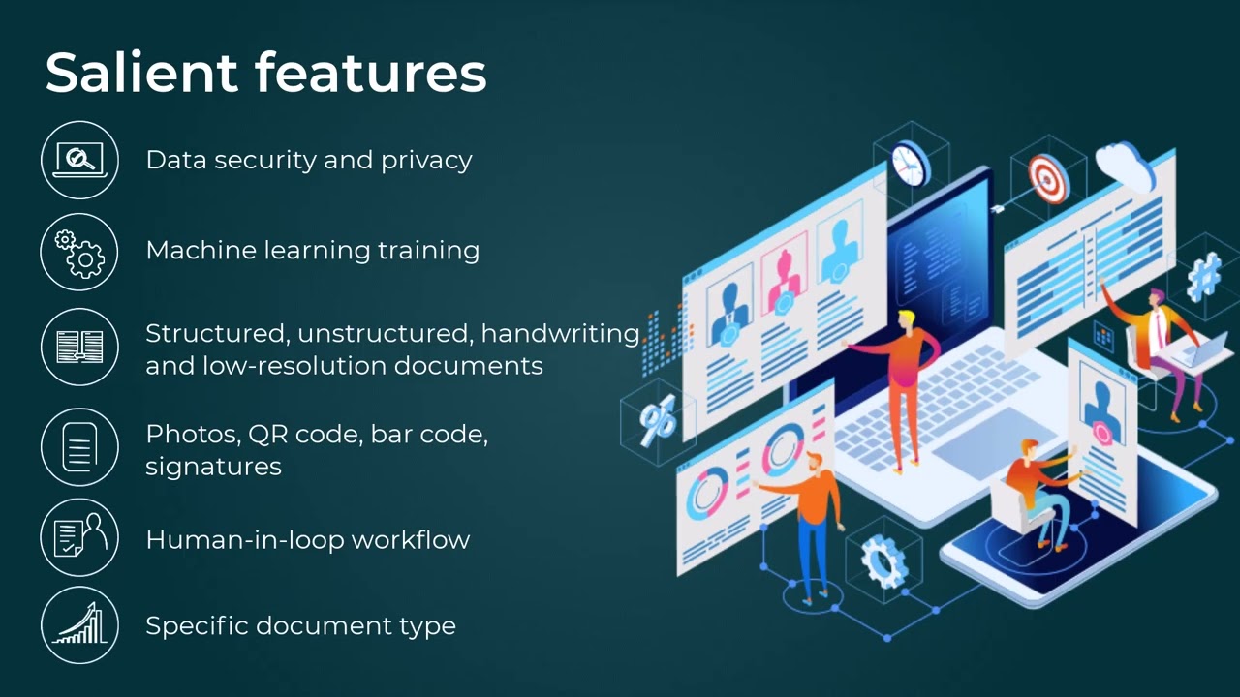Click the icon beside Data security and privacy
[79, 160]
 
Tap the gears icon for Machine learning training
[79, 252]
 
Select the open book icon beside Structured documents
[79, 347]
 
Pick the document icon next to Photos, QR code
[79, 447]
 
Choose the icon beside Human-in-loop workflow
[79, 538]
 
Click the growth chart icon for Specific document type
[79, 625]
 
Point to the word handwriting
[560, 334]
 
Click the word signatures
[213, 467]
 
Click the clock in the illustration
[910, 163]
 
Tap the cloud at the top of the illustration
[1124, 163]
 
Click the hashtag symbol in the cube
[1205, 277]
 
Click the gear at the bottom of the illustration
[883, 561]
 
